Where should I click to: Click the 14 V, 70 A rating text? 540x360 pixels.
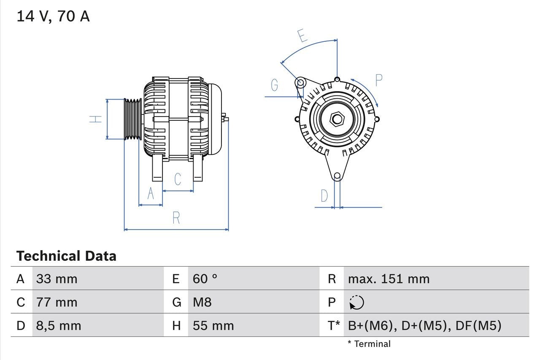(x=53, y=16)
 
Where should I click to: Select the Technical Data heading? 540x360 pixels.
(x=66, y=256)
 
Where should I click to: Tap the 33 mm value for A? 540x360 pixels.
(x=57, y=279)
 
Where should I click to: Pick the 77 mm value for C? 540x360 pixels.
(x=57, y=302)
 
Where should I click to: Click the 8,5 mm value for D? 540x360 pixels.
(x=58, y=326)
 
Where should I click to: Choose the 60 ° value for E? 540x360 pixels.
(x=205, y=279)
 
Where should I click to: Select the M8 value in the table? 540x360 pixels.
(x=202, y=302)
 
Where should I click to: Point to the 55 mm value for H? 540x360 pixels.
(x=213, y=326)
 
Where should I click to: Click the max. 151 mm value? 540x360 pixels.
(x=389, y=279)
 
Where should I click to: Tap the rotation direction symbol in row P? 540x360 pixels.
(x=356, y=302)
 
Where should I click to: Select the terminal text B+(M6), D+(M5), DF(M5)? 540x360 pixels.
(x=424, y=326)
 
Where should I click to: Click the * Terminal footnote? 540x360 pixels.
(x=369, y=344)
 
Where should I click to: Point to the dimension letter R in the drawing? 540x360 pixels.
(x=176, y=218)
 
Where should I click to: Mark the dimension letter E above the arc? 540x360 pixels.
(x=302, y=36)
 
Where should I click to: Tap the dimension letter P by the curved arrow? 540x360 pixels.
(x=378, y=80)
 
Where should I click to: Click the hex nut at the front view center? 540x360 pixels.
(x=337, y=119)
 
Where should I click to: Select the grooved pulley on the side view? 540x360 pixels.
(x=133, y=119)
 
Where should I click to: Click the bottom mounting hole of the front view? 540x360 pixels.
(x=337, y=176)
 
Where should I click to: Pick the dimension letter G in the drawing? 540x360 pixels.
(x=275, y=85)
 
